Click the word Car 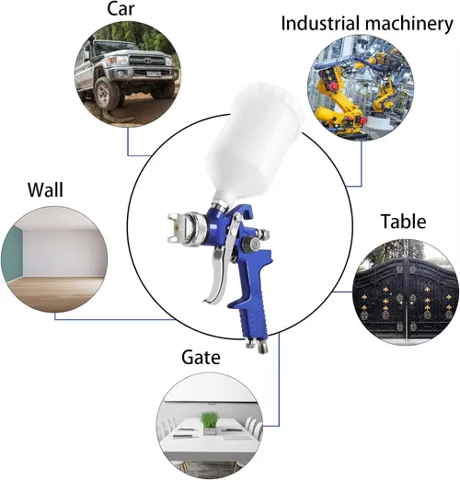coord(121,8)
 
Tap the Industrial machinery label coord(367,23)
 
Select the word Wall coord(45,189)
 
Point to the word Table coord(403,221)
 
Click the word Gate coord(201,357)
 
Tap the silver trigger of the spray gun coord(219,269)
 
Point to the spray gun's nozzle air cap coord(178,227)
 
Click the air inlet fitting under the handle coord(258,345)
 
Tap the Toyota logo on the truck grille coord(148,60)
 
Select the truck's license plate coord(154,74)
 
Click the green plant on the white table coord(210,418)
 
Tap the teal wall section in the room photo coord(13,254)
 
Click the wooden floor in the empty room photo coord(55,292)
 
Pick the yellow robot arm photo coord(361,87)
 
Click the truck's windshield coord(116,47)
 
